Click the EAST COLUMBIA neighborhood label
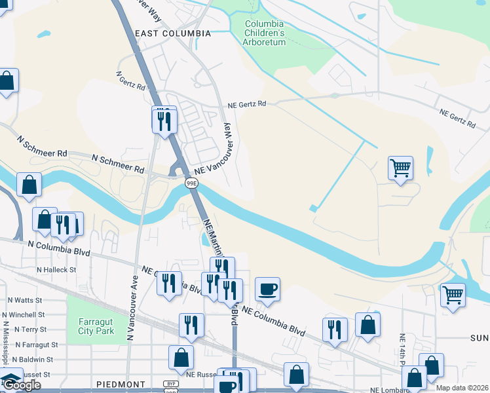click(172, 33)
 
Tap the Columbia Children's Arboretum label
click(265, 33)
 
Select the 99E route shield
click(191, 183)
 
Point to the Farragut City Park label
click(96, 326)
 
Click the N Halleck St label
click(56, 269)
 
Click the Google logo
click(22, 385)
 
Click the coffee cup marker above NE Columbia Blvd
click(267, 289)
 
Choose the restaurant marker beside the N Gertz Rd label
click(164, 121)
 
